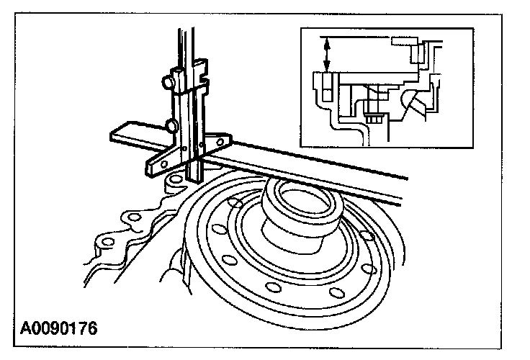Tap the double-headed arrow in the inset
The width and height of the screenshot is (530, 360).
coord(327,54)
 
